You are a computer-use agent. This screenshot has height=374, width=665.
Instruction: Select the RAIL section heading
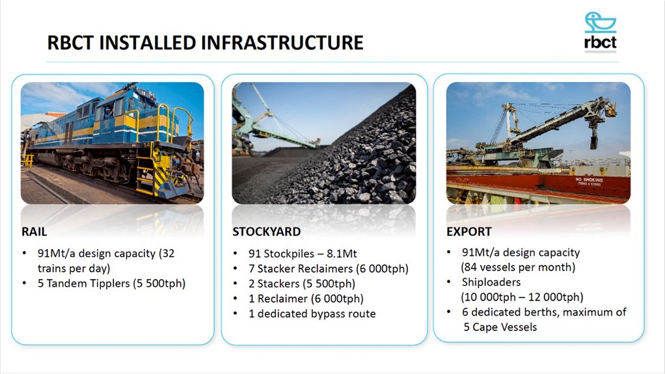pyautogui.click(x=34, y=231)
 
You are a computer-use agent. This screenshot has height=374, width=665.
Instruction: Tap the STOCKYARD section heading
pyautogui.click(x=266, y=232)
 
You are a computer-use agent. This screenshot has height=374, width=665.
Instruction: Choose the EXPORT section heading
pyautogui.click(x=468, y=232)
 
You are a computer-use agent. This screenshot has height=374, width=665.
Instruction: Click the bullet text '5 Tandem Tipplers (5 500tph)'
pyautogui.click(x=111, y=283)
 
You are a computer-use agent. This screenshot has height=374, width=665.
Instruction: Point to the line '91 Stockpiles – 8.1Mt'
pyautogui.click(x=303, y=254)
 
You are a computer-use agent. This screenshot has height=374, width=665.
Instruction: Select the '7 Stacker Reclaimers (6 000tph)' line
pyautogui.click(x=328, y=268)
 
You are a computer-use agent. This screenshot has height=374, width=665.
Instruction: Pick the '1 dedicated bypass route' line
pyautogui.click(x=312, y=314)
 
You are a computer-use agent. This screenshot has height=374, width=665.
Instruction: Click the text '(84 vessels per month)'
pyautogui.click(x=518, y=267)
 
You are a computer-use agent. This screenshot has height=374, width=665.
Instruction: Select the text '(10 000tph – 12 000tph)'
pyautogui.click(x=522, y=297)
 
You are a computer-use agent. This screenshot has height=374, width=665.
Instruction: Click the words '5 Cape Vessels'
pyautogui.click(x=500, y=327)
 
